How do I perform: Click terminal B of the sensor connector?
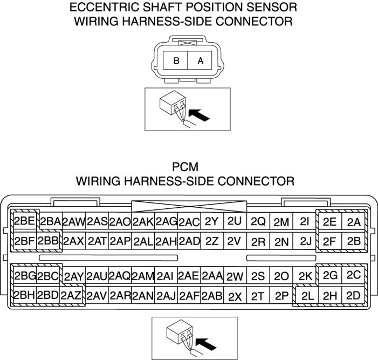pyautogui.click(x=175, y=60)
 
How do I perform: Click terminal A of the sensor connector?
pyautogui.click(x=200, y=60)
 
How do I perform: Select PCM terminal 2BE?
pyautogui.click(x=25, y=221)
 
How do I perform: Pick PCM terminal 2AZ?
pyautogui.click(x=71, y=295)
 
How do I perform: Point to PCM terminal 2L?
pyautogui.click(x=307, y=295)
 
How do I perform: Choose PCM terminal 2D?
pyautogui.click(x=353, y=295)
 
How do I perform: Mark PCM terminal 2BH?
pyautogui.click(x=25, y=295)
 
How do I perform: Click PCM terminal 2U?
pyautogui.click(x=235, y=221)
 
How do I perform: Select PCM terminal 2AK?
pyautogui.click(x=143, y=221)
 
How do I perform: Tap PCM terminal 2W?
pyautogui.click(x=235, y=275)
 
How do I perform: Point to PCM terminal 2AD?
pyautogui.click(x=189, y=241)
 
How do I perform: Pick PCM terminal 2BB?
pyautogui.click(x=48, y=241)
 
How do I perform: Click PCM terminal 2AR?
pyautogui.click(x=120, y=295)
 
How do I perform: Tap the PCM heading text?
pyautogui.click(x=185, y=167)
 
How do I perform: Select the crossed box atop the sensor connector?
pyautogui.click(x=188, y=43)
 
